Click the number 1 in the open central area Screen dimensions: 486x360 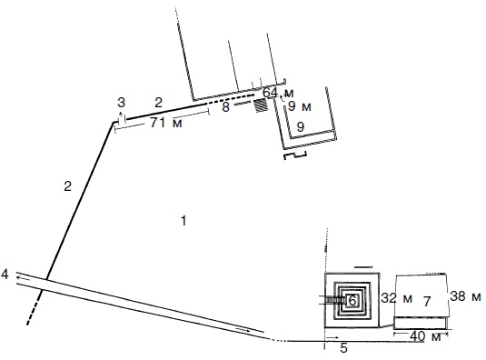coord(183,221)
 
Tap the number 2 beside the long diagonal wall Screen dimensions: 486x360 coord(67,186)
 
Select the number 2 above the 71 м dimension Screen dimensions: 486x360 coord(158,103)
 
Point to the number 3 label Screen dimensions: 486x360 coord(121,103)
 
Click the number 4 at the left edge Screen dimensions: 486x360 coord(5,275)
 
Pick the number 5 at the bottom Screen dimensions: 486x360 coord(343,348)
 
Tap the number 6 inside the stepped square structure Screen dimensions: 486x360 coord(352,300)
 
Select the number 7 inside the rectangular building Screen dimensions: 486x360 coord(427,302)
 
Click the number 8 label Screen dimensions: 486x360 coord(225,107)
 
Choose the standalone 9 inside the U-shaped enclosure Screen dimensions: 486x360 coord(301,126)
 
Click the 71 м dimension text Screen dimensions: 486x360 coord(166,123)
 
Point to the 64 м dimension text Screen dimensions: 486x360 coord(278,93)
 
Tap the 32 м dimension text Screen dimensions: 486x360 coord(397,298)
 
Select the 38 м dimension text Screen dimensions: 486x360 coord(465,296)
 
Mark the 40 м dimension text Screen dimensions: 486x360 coord(425,336)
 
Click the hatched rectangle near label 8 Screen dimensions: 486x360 coord(261,105)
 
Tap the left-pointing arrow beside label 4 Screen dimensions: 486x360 coord(24,278)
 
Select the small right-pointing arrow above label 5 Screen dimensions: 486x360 coord(333,337)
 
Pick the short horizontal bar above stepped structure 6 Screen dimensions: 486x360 coord(363,266)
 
